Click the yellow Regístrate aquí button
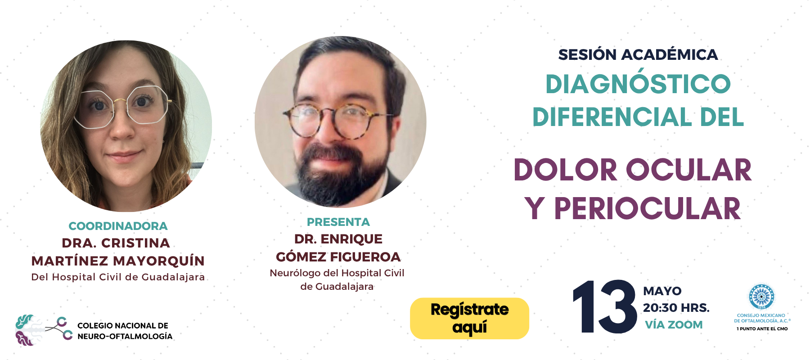469,318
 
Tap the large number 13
604,307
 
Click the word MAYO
662,291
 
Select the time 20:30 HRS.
676,308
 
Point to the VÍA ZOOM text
674,324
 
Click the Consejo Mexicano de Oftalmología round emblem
761,297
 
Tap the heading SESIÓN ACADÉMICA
638,54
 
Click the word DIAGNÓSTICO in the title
638,84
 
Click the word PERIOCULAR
647,209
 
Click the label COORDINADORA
118,226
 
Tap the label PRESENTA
338,222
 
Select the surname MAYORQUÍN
159,261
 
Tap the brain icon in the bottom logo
26,330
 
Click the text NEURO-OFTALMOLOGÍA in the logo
125,336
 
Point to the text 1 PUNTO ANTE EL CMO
762,329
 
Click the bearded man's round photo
340,121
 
